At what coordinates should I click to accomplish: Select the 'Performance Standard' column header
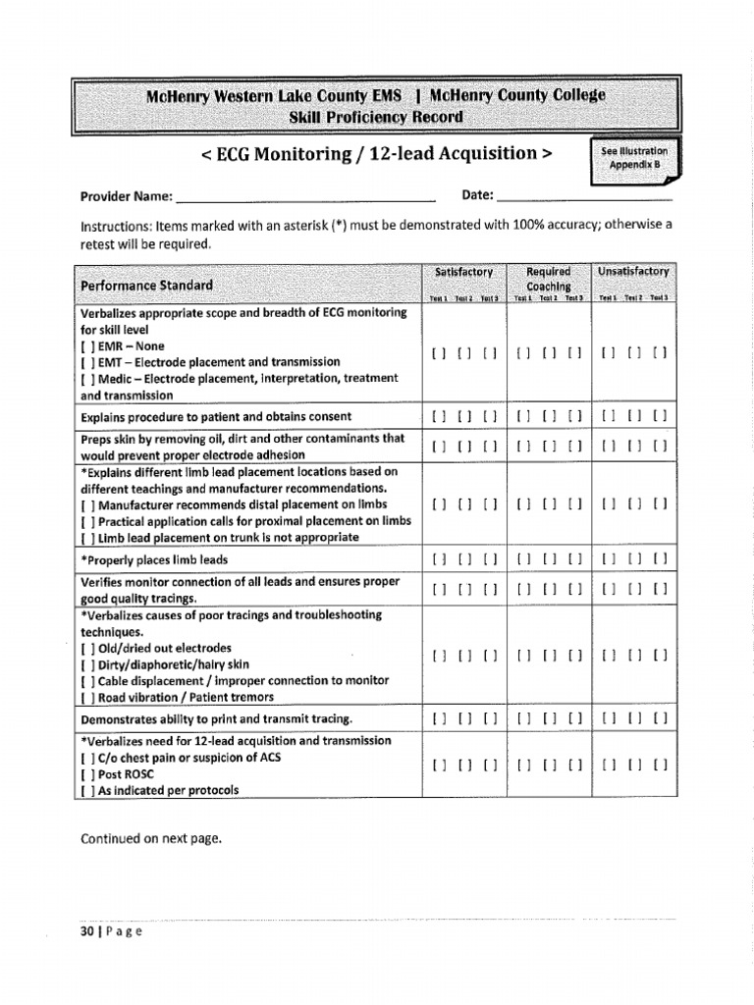(x=146, y=286)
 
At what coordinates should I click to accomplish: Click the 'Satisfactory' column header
(x=463, y=272)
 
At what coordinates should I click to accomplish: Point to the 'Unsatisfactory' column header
(x=633, y=272)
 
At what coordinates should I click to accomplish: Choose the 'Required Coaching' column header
(x=549, y=279)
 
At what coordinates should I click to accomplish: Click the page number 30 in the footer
(x=86, y=931)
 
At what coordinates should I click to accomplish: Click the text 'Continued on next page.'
(x=151, y=838)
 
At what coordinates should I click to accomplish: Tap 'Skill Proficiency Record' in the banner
(x=376, y=118)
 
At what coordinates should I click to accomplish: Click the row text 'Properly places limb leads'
(x=154, y=560)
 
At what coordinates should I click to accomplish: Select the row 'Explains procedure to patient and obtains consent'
(x=215, y=417)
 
